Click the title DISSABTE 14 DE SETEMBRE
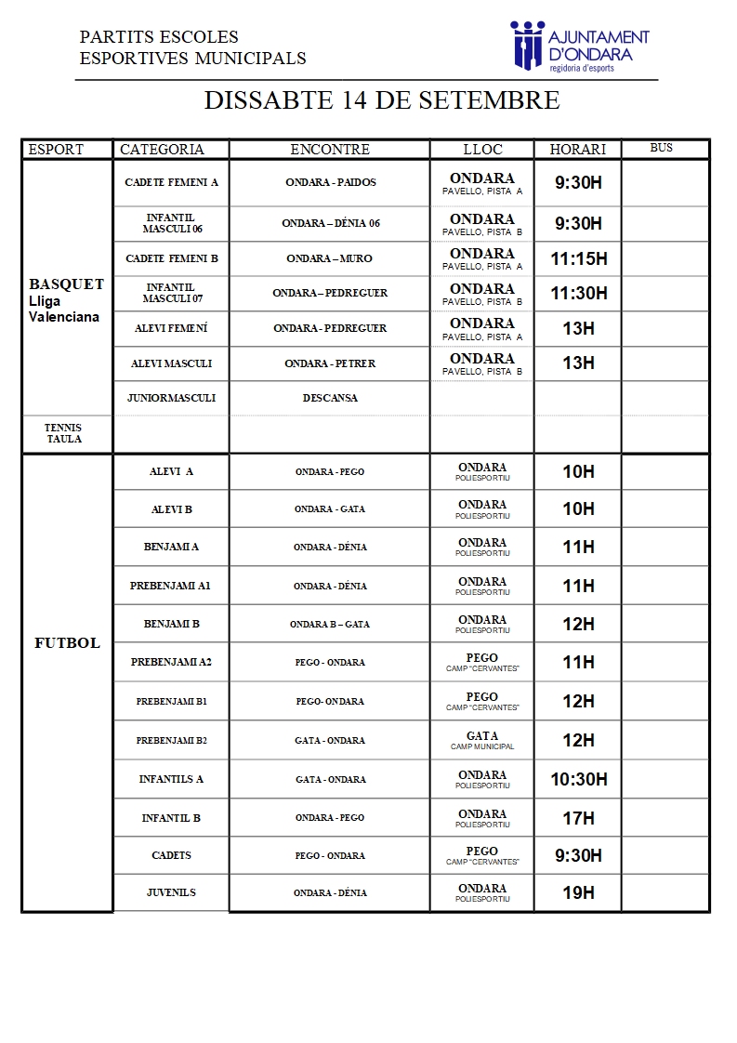tap(382, 100)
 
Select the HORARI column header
tap(577, 149)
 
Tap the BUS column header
tap(661, 148)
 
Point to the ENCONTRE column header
tap(330, 149)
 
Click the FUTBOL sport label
tap(67, 642)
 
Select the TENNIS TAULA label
tap(63, 433)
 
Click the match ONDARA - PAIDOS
tap(330, 182)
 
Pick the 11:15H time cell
tap(578, 258)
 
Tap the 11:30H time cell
tap(578, 293)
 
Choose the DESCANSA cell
tap(330, 398)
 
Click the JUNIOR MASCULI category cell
tap(171, 398)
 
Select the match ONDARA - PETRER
tap(330, 363)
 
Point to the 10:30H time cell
tap(578, 779)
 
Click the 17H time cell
tap(578, 818)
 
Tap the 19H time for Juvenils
tap(578, 892)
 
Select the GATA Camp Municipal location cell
tap(482, 740)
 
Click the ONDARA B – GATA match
tap(330, 624)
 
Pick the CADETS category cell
tap(171, 855)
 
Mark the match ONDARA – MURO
tap(330, 258)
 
